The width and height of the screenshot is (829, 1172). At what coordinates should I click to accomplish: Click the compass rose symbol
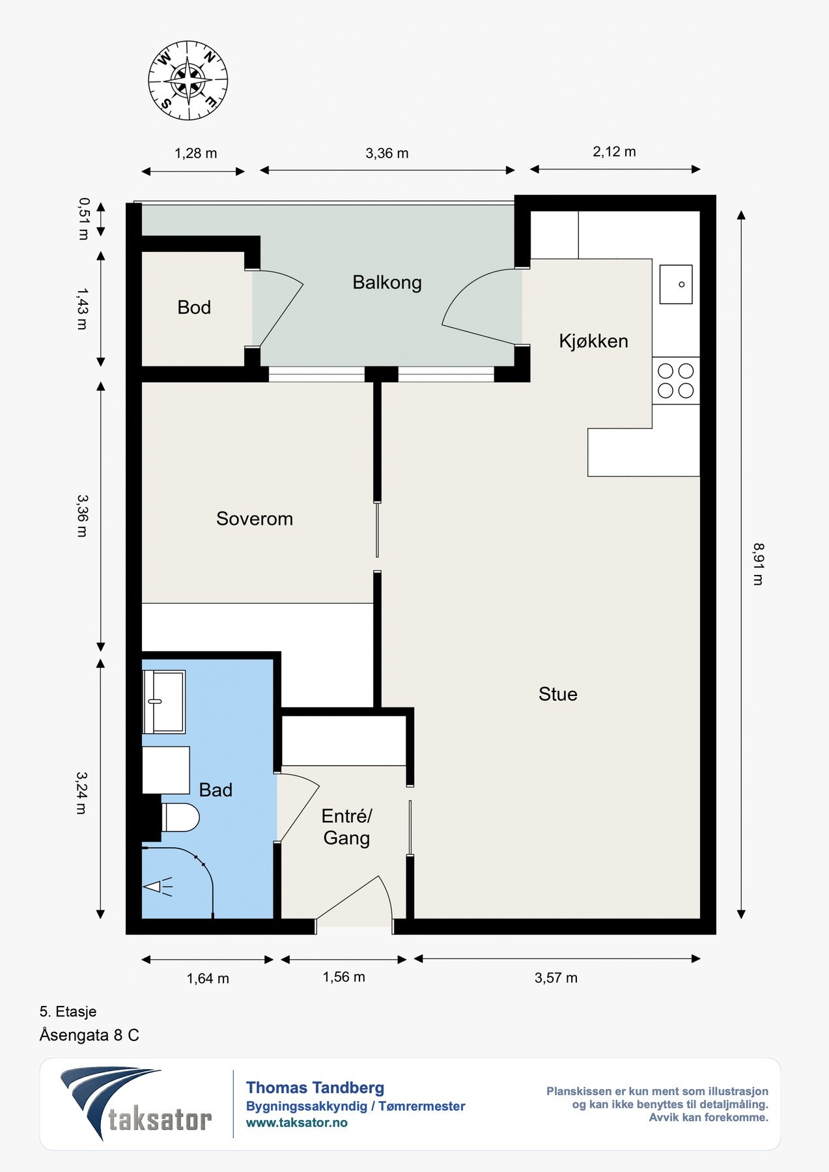pyautogui.click(x=188, y=81)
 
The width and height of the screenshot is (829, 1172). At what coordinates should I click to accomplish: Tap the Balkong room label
pyautogui.click(x=387, y=283)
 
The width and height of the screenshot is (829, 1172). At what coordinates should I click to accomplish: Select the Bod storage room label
pyautogui.click(x=194, y=307)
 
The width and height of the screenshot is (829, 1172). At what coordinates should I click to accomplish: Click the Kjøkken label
pyautogui.click(x=593, y=341)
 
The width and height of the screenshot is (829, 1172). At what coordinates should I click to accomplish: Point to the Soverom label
pyautogui.click(x=255, y=519)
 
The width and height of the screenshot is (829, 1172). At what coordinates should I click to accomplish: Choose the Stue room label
pyautogui.click(x=558, y=694)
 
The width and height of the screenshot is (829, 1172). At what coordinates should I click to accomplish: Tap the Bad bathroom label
pyautogui.click(x=216, y=790)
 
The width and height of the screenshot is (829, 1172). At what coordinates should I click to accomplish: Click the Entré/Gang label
pyautogui.click(x=346, y=827)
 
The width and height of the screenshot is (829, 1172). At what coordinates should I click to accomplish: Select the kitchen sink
pyautogui.click(x=676, y=285)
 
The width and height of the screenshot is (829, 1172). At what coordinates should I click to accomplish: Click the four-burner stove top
pyautogui.click(x=676, y=381)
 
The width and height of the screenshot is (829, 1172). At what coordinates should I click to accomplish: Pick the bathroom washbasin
pyautogui.click(x=163, y=702)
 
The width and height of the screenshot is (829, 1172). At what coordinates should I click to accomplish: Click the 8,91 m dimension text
pyautogui.click(x=758, y=564)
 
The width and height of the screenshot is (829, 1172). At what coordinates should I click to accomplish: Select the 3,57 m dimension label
pyautogui.click(x=556, y=978)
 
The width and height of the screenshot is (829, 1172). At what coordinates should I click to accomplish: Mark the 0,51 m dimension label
pyautogui.click(x=83, y=219)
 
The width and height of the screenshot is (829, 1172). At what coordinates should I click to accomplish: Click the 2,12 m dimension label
pyautogui.click(x=614, y=152)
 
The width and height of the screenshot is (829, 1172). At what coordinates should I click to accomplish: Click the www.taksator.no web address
pyautogui.click(x=297, y=1123)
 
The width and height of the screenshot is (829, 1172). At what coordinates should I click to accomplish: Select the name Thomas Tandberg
pyautogui.click(x=315, y=1087)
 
